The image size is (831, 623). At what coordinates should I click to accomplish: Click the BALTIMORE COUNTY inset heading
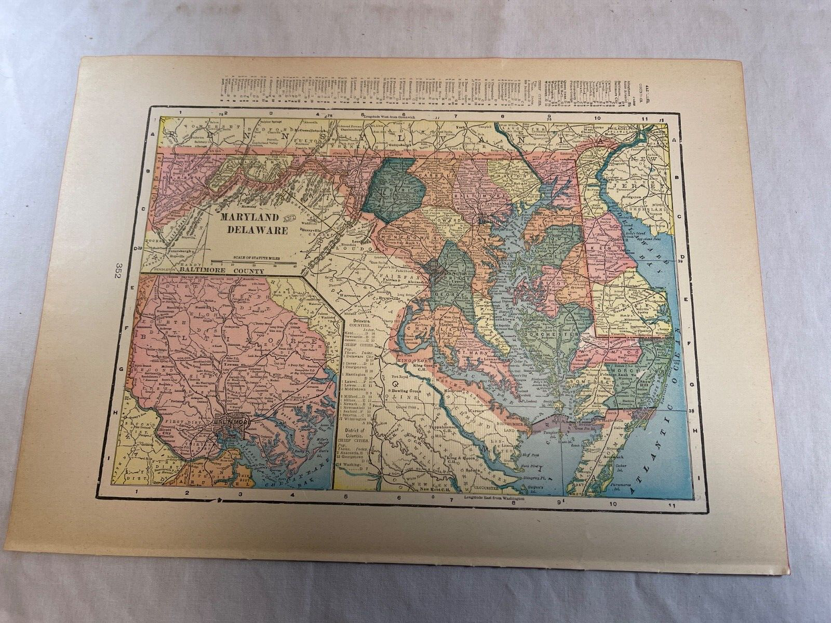[228, 270]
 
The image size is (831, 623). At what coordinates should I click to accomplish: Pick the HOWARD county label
[451, 220]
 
